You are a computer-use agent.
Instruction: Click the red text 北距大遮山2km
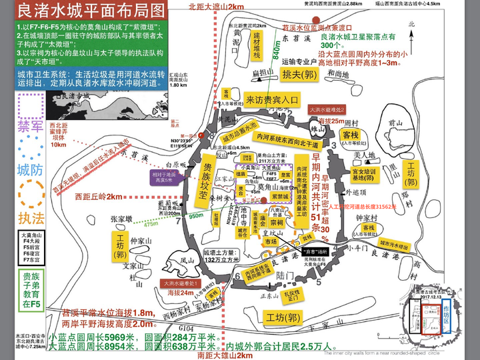[217, 6]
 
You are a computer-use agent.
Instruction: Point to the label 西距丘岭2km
[99, 197]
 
